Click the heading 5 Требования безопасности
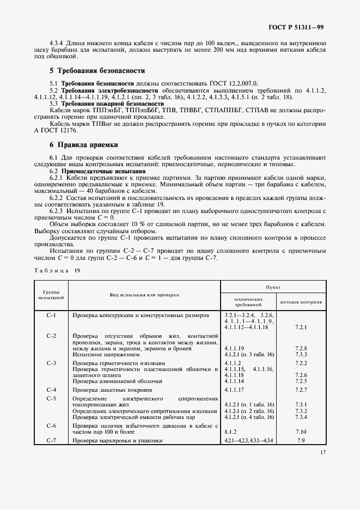[x=97, y=71]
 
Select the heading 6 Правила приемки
[x=84, y=145]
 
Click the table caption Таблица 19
[x=57, y=270]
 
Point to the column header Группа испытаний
[x=52, y=295]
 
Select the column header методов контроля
[x=301, y=301]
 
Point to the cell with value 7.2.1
[x=301, y=327]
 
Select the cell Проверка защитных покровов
[x=113, y=390]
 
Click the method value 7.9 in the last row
[x=301, y=440]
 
